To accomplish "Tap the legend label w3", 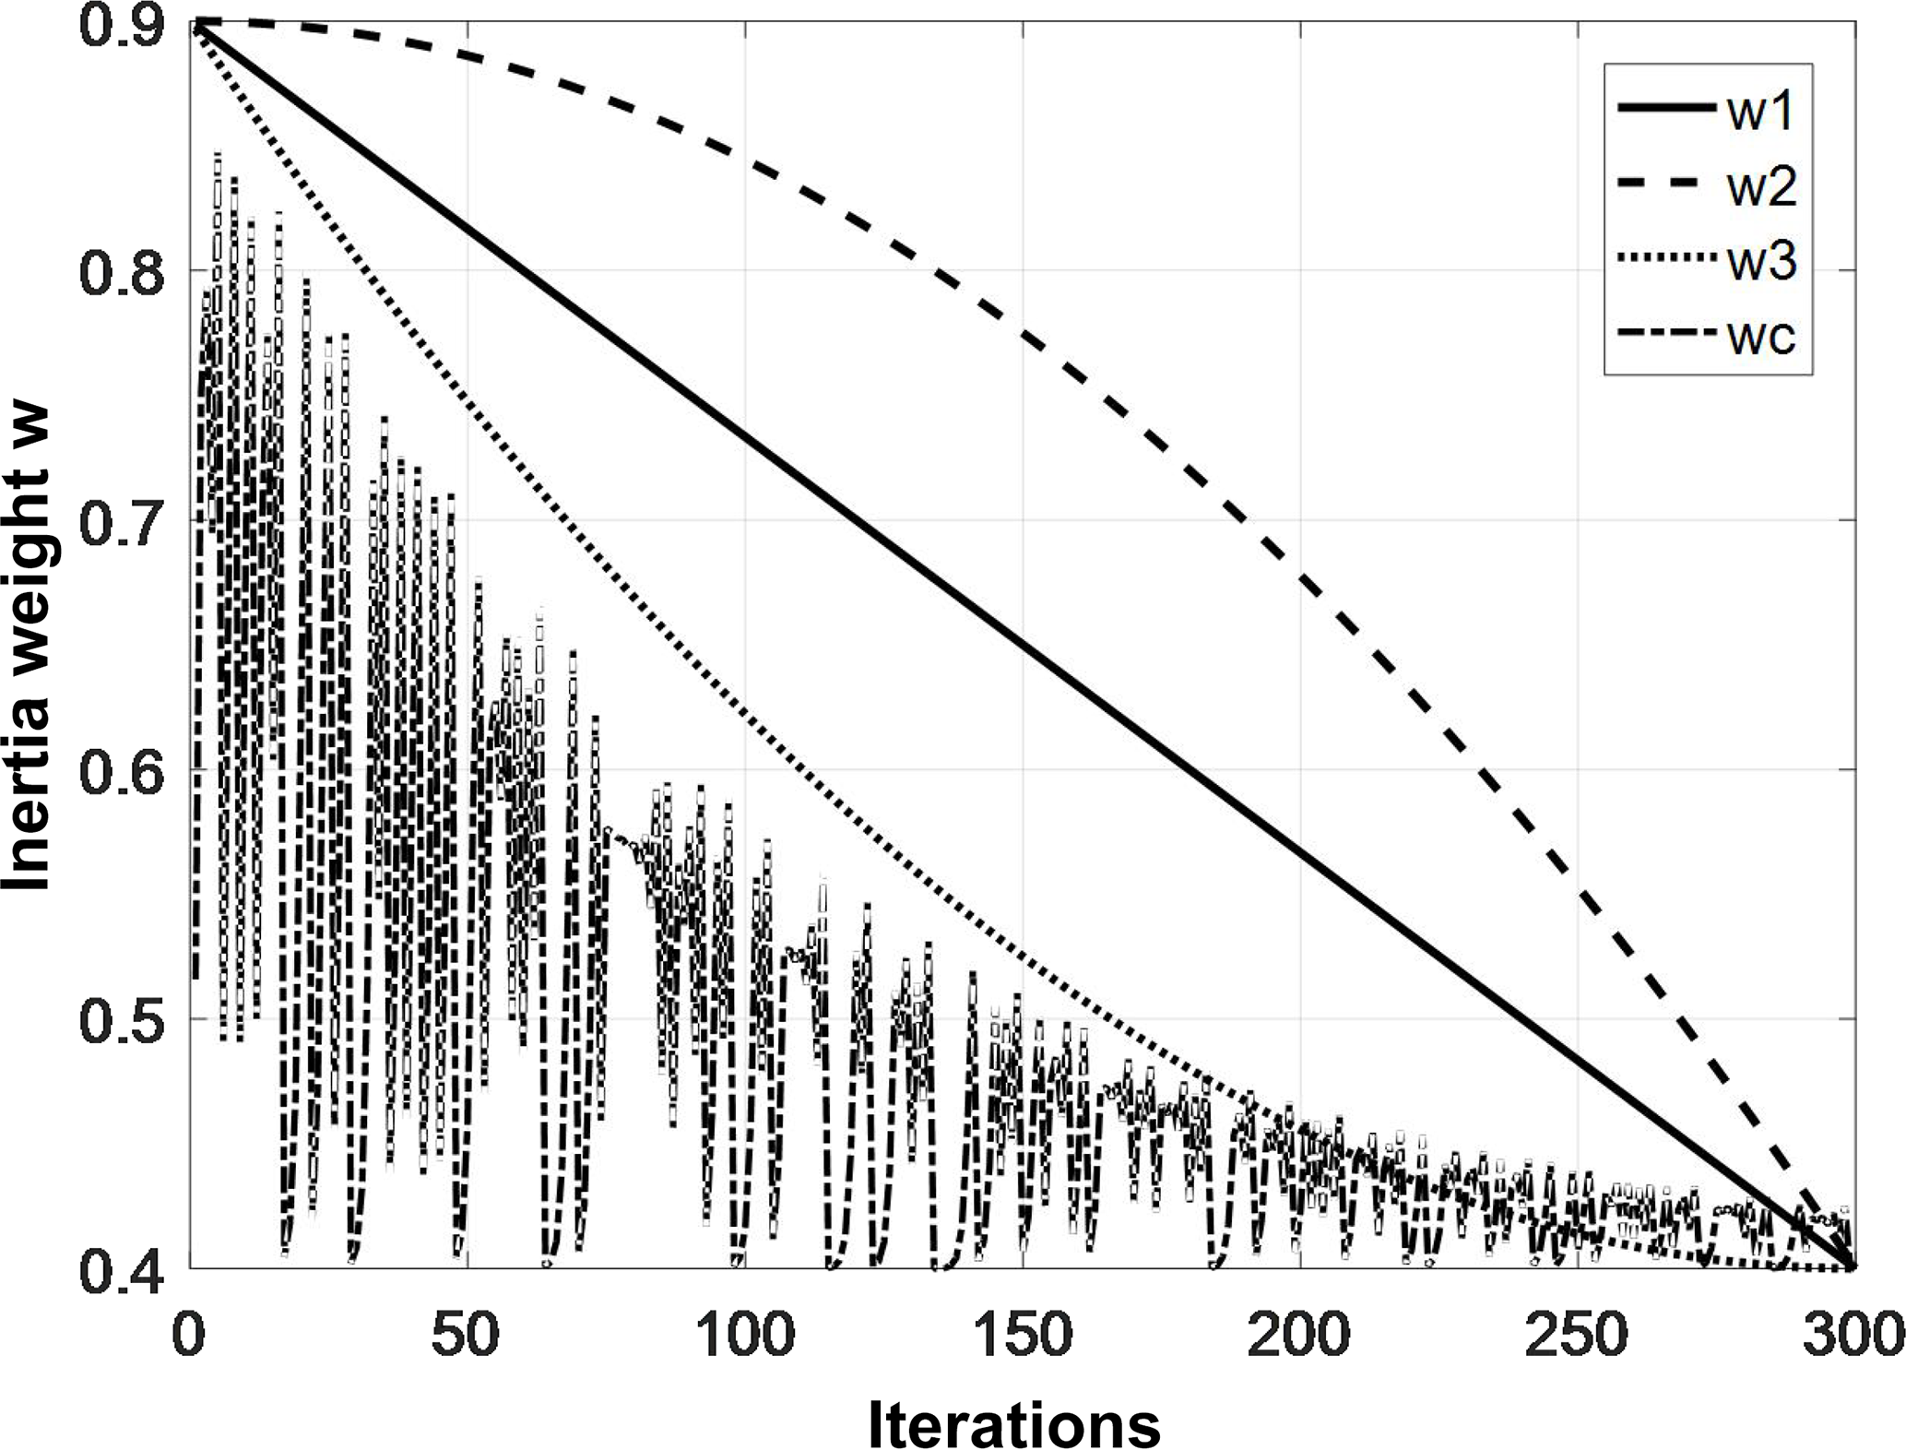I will (x=1762, y=262).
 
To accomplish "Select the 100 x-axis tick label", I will (x=745, y=1335).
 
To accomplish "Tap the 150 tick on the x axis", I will (x=1023, y=1335).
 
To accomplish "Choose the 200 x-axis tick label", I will (x=1300, y=1335).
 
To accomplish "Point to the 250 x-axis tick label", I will (x=1578, y=1335).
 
